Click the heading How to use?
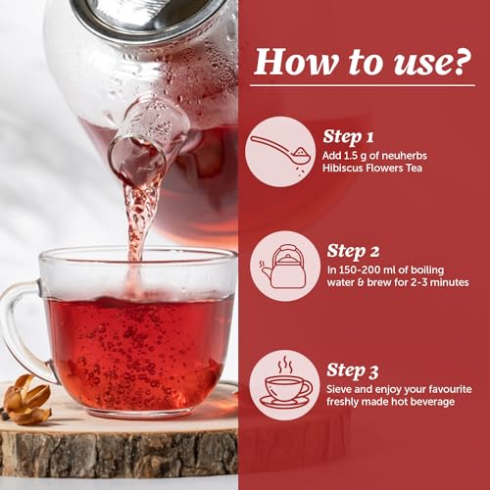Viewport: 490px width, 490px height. coord(363,62)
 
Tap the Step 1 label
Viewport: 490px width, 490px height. coord(348,137)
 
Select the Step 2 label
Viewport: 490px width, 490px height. coord(353,251)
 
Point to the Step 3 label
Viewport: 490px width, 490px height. coord(353,370)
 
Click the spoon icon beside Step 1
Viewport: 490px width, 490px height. coord(280,151)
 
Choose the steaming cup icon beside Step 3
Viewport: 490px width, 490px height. coord(284,385)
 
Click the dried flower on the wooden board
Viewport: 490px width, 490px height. coord(27,399)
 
